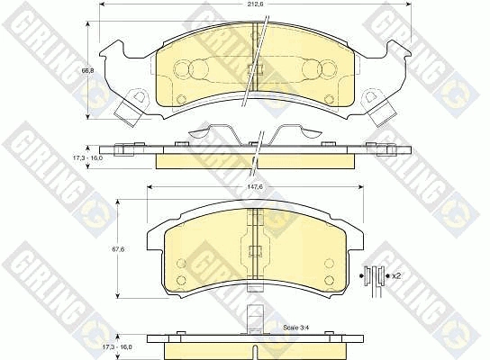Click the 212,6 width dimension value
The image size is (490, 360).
click(254, 4)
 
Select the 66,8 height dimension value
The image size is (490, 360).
click(87, 70)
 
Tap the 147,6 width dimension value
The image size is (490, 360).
click(254, 186)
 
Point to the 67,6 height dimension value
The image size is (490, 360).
click(118, 249)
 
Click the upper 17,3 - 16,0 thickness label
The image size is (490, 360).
click(88, 158)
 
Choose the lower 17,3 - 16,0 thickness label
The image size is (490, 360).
click(118, 346)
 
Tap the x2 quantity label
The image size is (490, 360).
click(396, 276)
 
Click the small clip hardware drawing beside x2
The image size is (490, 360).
click(375, 280)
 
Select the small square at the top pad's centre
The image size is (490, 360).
click(255, 69)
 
